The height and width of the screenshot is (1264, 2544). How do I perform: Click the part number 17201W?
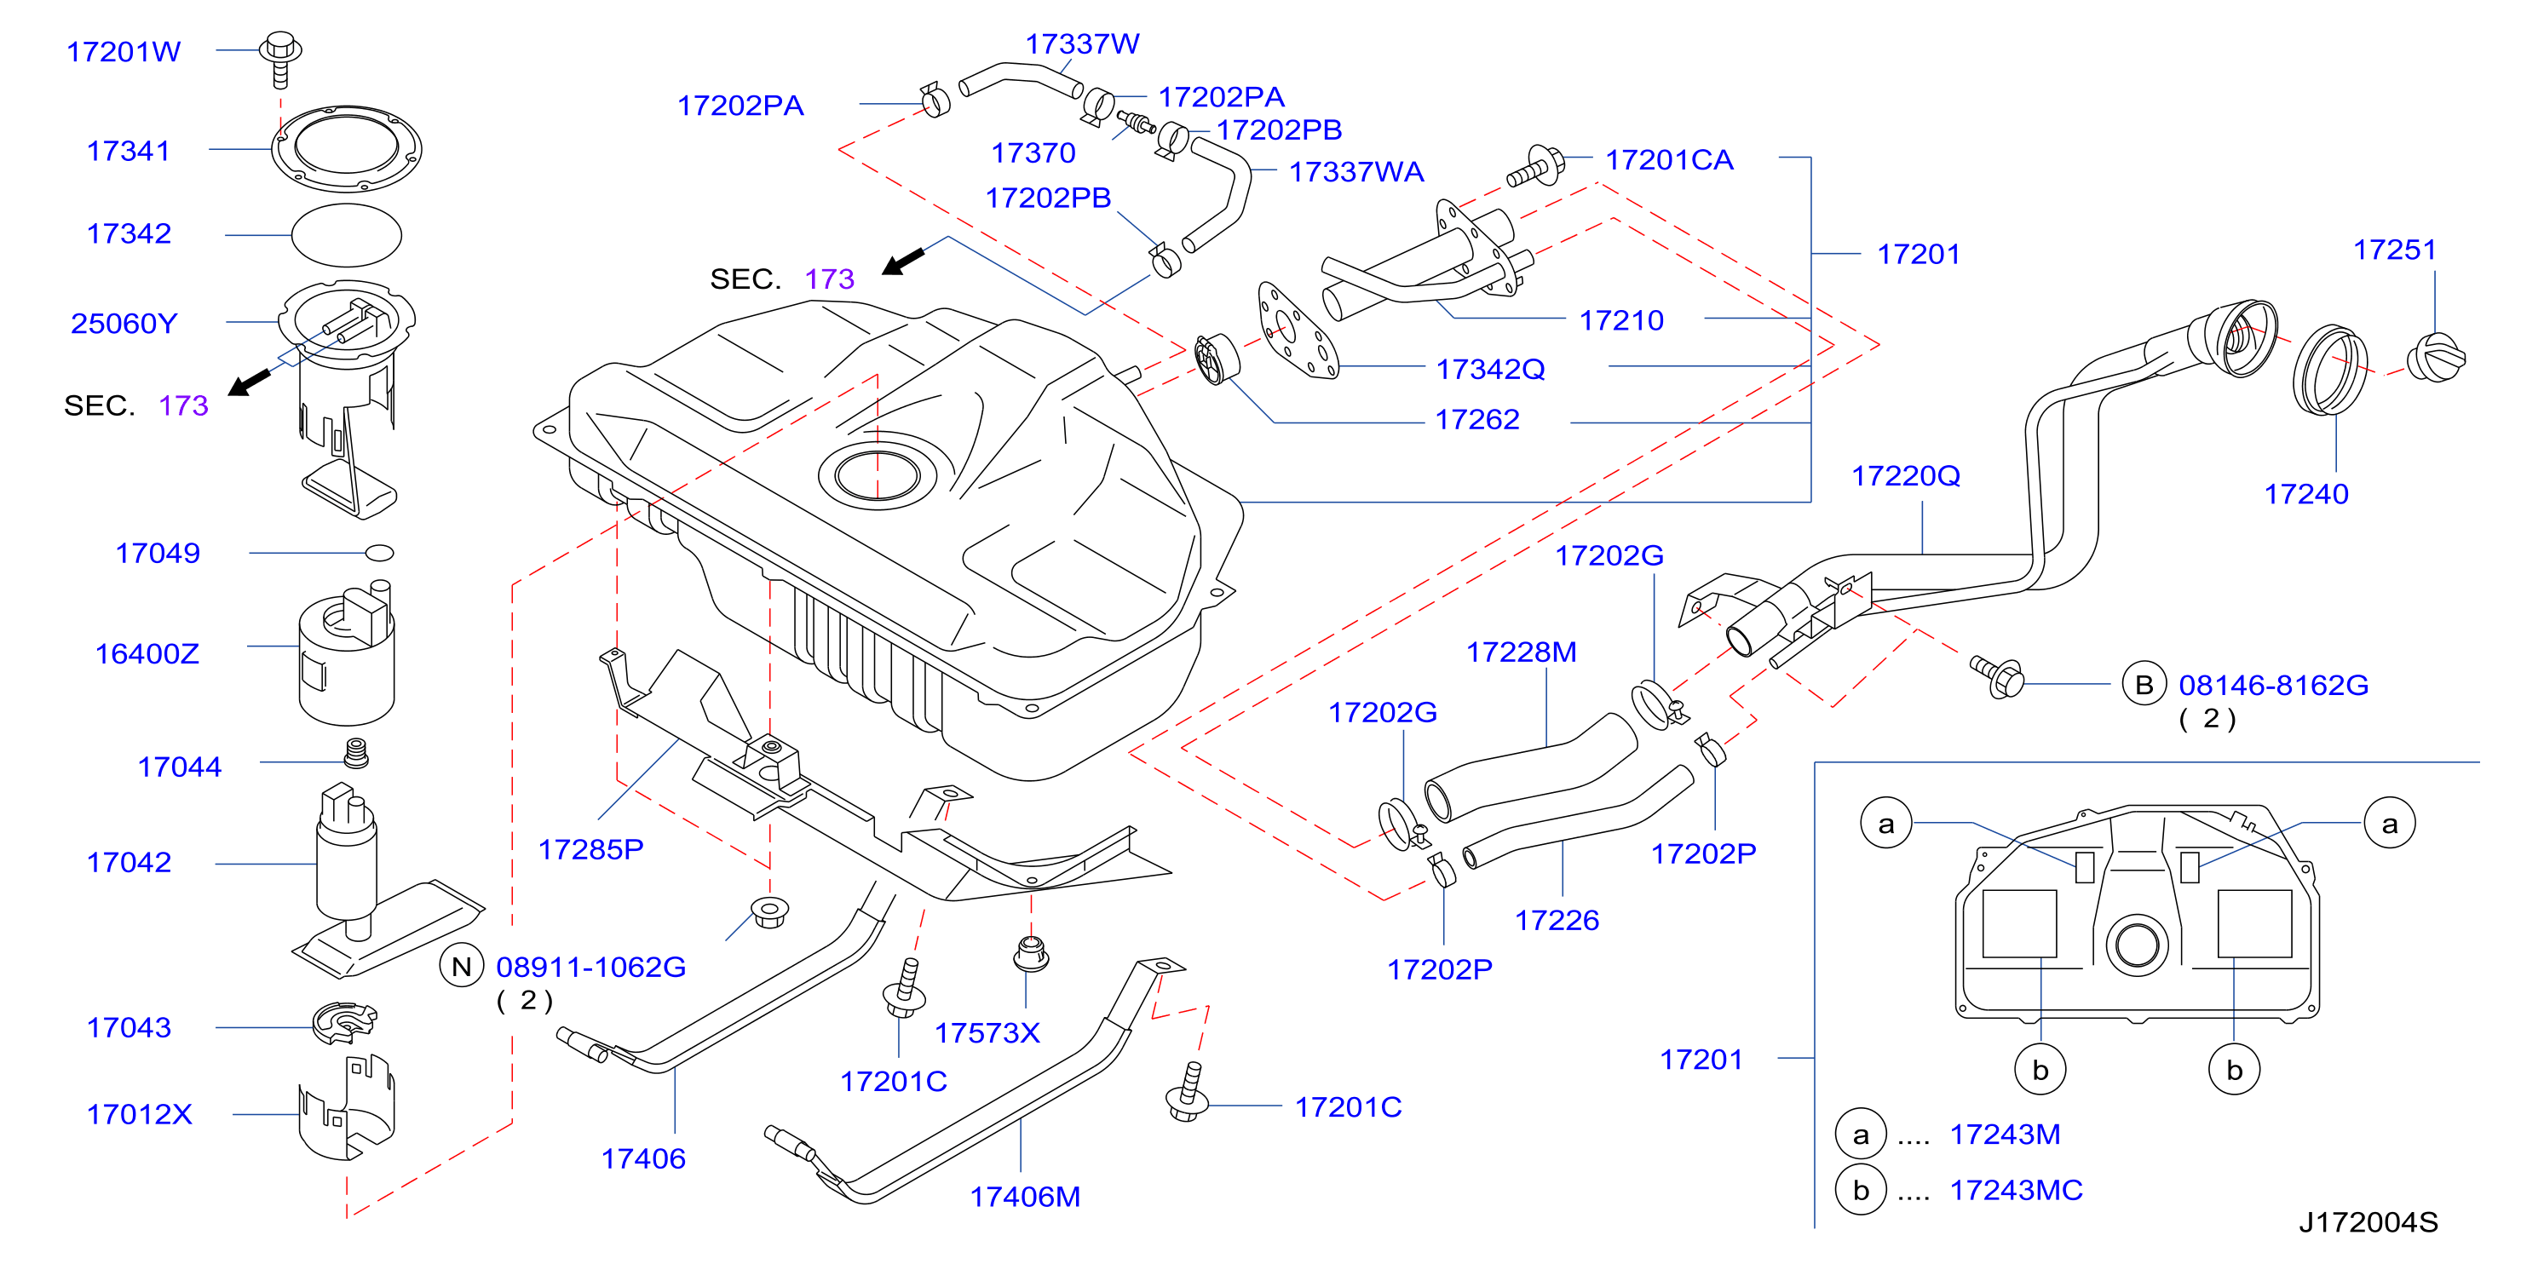coord(124,51)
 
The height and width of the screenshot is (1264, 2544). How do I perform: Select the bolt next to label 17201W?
coord(280,60)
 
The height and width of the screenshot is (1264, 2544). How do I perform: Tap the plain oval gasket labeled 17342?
coord(347,235)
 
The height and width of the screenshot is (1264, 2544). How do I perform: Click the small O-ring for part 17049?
coord(380,553)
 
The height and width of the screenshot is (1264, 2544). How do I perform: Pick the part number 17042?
coord(130,862)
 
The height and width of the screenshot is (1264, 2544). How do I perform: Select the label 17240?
coord(2307,494)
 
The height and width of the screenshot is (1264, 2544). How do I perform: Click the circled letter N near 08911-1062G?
coord(461,967)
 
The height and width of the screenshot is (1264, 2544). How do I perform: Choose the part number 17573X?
coord(987,1033)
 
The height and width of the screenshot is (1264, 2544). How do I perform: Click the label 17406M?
coord(1025,1197)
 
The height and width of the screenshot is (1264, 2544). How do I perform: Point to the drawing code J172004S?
coord(2368,1222)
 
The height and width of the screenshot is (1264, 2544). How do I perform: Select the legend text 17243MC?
coord(2017,1190)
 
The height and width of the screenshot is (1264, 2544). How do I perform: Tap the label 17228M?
coord(1522,652)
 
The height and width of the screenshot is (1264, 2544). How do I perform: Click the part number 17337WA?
coord(1357,172)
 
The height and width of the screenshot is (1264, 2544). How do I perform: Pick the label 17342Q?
coord(1490,370)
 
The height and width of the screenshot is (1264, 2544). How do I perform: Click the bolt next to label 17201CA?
coord(1534,167)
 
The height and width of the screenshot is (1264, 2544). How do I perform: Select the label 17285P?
coord(590,849)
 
